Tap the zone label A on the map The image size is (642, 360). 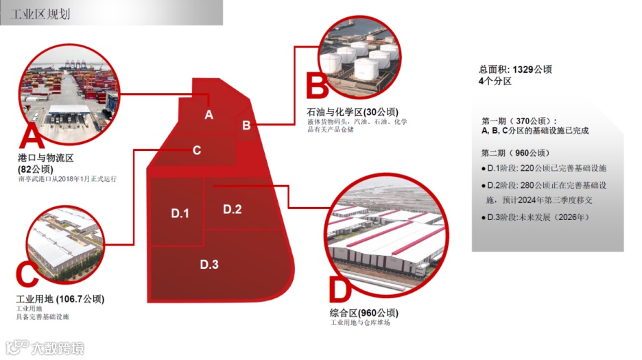coord(209,115)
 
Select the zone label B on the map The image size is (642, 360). coord(246,125)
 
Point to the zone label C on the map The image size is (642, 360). coord(197,150)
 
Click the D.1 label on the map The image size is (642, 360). coord(180,214)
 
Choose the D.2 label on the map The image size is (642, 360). coord(233,209)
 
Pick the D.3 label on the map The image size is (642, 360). coord(209,264)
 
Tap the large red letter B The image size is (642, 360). coord(317,88)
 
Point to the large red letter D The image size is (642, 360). coord(340,291)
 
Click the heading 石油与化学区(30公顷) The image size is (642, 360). coord(353,112)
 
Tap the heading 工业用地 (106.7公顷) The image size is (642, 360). coord(60,299)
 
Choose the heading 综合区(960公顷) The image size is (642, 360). coord(363,313)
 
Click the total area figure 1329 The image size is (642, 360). coord(523,69)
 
